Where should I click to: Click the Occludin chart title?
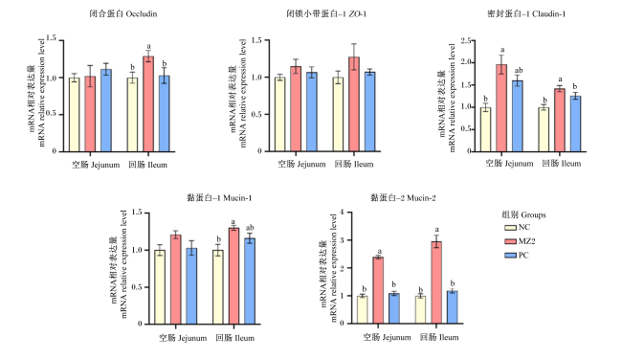click(123, 14)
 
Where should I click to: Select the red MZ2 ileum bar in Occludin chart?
click(148, 104)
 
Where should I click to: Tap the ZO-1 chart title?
click(326, 14)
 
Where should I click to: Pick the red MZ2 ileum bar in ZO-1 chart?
click(354, 104)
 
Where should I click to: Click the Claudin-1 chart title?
click(526, 14)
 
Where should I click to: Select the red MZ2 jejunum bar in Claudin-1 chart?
click(501, 108)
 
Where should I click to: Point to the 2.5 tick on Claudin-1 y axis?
click(466, 40)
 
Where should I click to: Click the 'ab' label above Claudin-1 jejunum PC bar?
click(519, 70)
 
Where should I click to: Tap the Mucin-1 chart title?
click(219, 197)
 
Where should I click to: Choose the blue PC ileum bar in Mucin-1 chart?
click(250, 281)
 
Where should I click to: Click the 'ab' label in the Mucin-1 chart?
click(250, 228)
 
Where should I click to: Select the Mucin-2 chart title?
click(403, 197)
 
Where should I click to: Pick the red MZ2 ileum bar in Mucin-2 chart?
click(436, 282)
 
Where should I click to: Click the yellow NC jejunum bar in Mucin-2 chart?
click(362, 309)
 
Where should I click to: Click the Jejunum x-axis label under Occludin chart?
click(96, 165)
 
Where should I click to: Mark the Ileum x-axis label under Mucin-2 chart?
click(439, 337)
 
